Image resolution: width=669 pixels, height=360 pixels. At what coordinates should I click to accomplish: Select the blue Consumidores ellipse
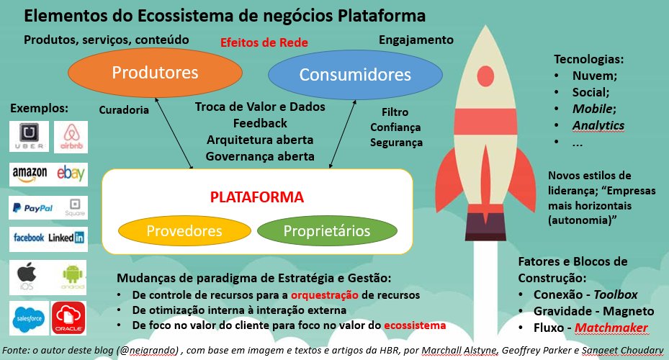[x=355, y=75]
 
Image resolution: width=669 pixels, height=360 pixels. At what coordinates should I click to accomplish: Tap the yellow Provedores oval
[x=184, y=231]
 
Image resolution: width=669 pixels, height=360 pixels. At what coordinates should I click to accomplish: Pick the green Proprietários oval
[x=327, y=231]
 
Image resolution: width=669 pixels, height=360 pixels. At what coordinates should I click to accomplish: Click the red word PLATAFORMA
[x=257, y=197]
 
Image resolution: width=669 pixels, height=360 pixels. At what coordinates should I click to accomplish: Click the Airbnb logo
[x=70, y=136]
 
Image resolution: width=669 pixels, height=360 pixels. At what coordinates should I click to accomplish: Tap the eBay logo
[x=71, y=174]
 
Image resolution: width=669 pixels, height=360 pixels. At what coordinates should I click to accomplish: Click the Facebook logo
[x=29, y=237]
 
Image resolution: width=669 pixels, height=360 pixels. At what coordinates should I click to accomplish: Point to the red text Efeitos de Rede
[x=264, y=43]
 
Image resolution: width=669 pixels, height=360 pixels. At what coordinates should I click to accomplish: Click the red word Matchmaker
[x=611, y=328]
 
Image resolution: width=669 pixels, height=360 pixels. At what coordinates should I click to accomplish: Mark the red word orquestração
[x=325, y=295]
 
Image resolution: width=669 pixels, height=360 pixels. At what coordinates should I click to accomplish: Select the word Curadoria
[x=124, y=111]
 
